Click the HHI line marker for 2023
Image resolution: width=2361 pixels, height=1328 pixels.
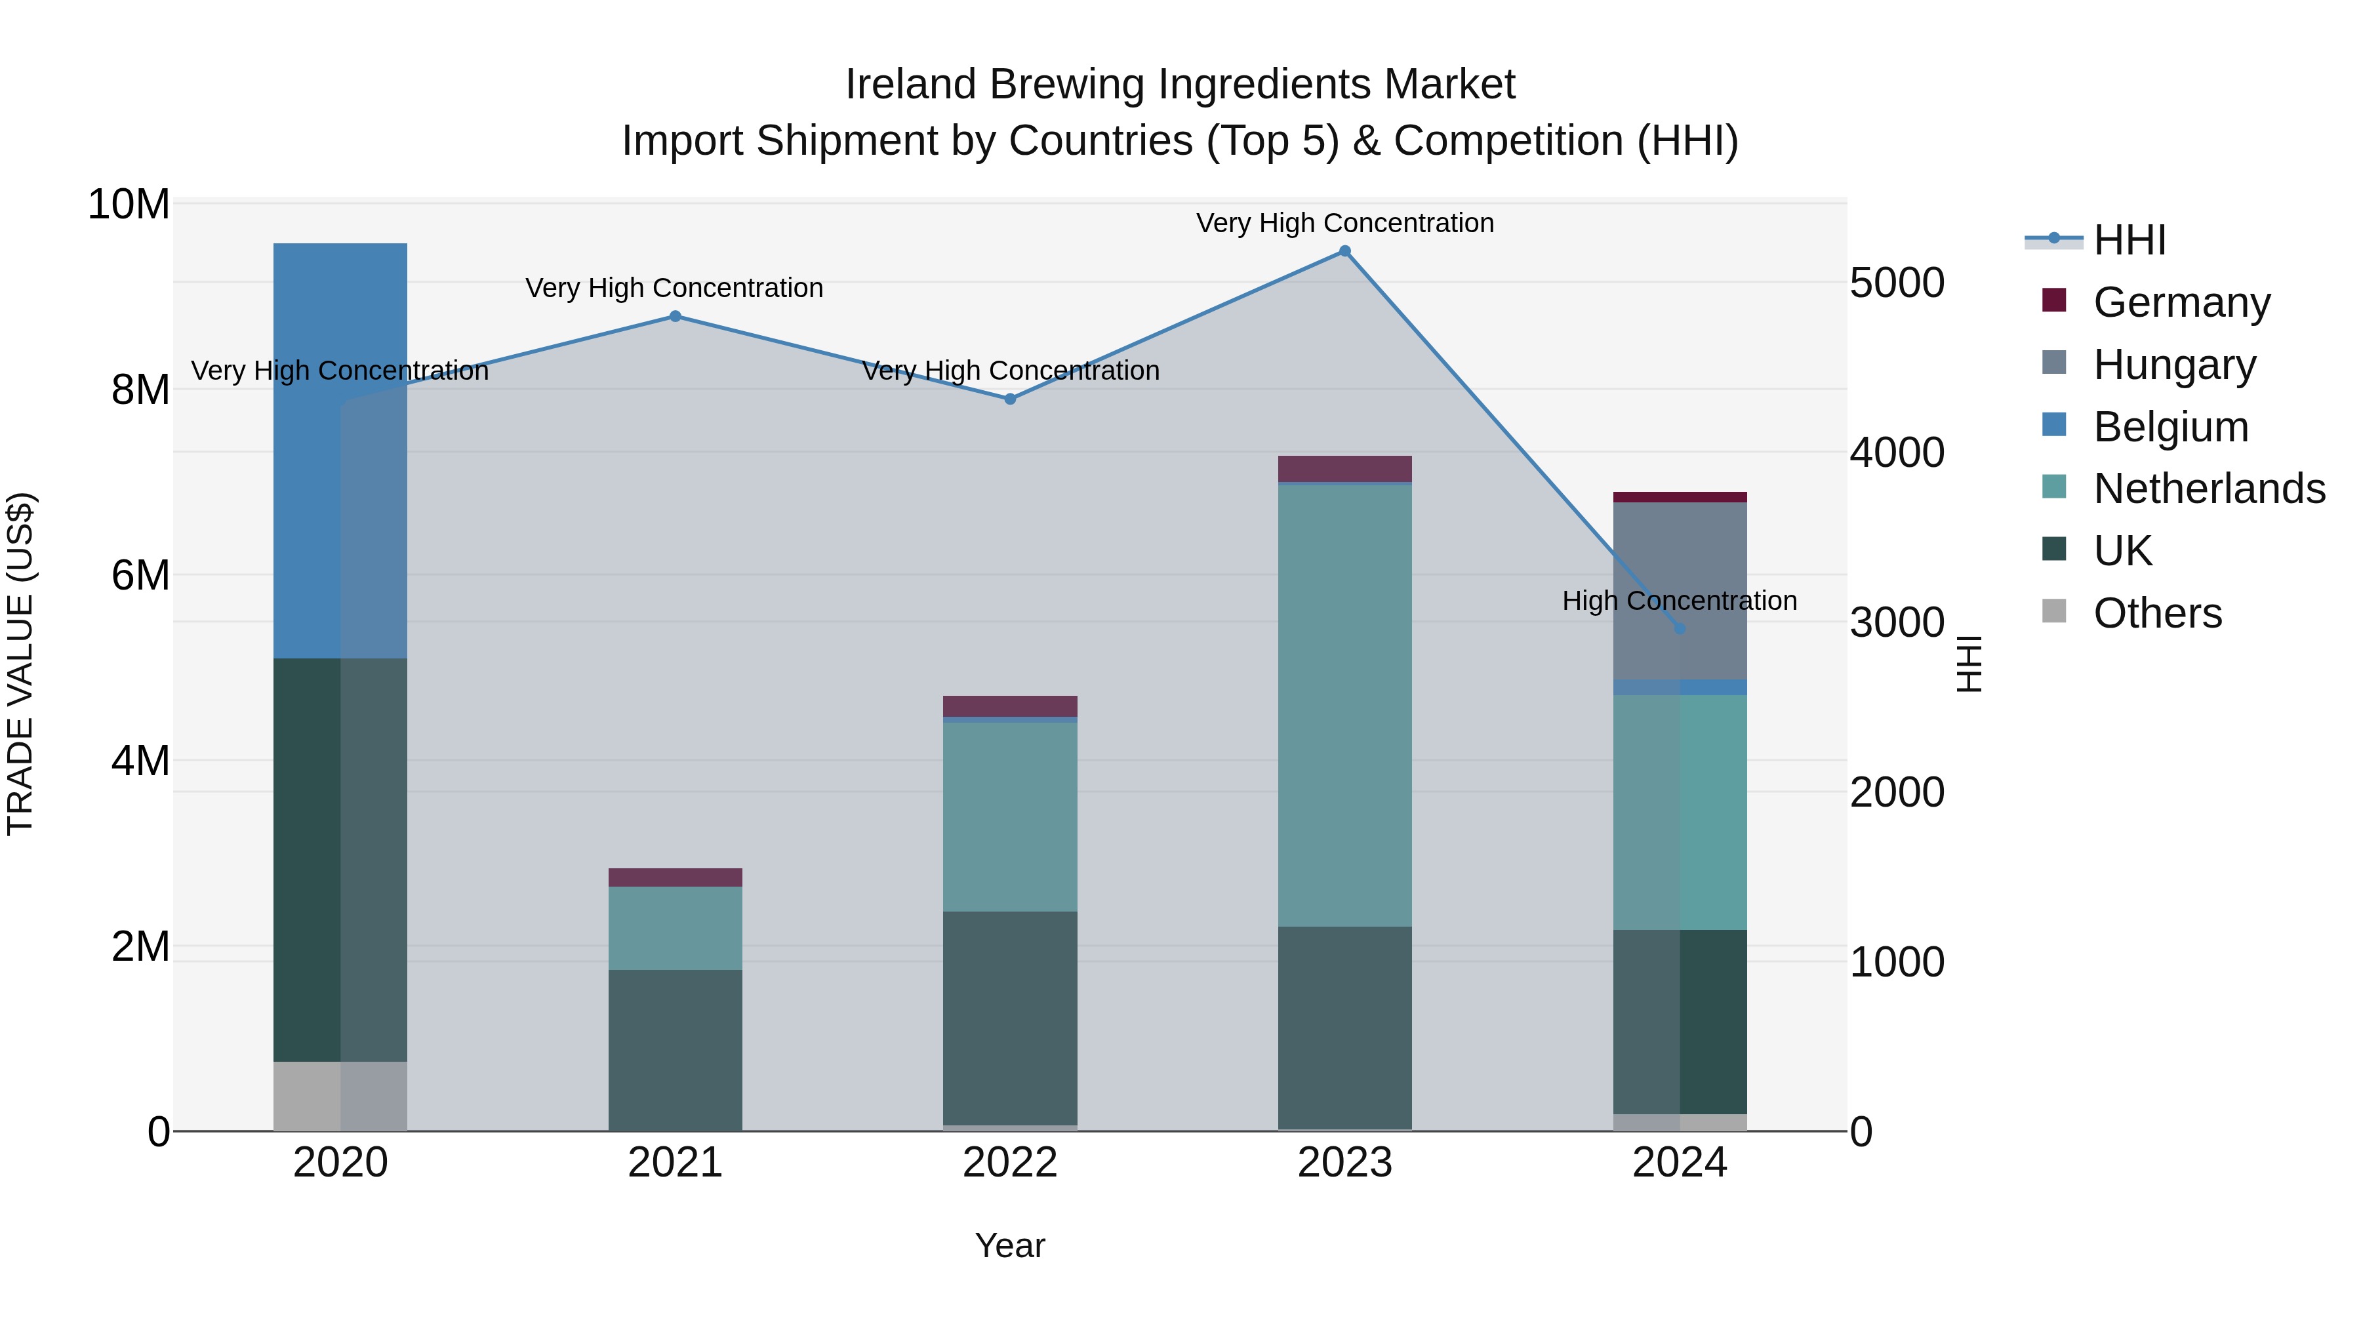point(1344,251)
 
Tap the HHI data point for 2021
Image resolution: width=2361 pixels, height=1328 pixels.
point(675,316)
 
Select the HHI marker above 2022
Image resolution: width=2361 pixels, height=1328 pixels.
point(1010,399)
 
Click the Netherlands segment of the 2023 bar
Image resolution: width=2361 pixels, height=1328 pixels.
point(1344,706)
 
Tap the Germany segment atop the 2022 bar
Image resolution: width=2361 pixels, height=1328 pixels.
point(1010,706)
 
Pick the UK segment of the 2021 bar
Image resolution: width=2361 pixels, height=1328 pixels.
point(675,1049)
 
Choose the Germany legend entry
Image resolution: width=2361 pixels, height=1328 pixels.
point(2181,302)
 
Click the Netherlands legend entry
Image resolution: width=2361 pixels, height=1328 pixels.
point(2209,489)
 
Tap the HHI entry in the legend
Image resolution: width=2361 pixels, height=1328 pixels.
point(2129,240)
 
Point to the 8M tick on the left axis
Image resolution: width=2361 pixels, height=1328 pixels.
point(139,390)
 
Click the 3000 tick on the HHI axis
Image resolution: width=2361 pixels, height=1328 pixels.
point(1896,623)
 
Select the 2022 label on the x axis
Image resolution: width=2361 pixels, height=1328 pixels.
point(1010,1163)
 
